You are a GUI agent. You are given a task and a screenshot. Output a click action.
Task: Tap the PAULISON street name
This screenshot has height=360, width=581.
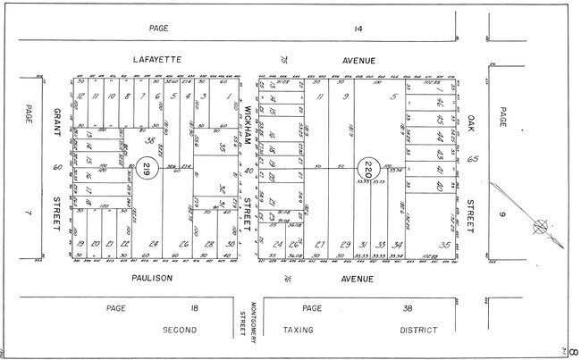point(153,279)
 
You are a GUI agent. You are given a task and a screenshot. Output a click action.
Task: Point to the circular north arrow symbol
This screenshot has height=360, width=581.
point(539,227)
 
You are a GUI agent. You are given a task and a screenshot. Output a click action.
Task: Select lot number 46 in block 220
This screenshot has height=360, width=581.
point(439,118)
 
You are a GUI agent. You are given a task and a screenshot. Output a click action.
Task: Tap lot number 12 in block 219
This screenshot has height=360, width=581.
point(80,96)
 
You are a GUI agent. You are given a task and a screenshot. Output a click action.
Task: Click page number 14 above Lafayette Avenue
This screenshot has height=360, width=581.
point(358,29)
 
